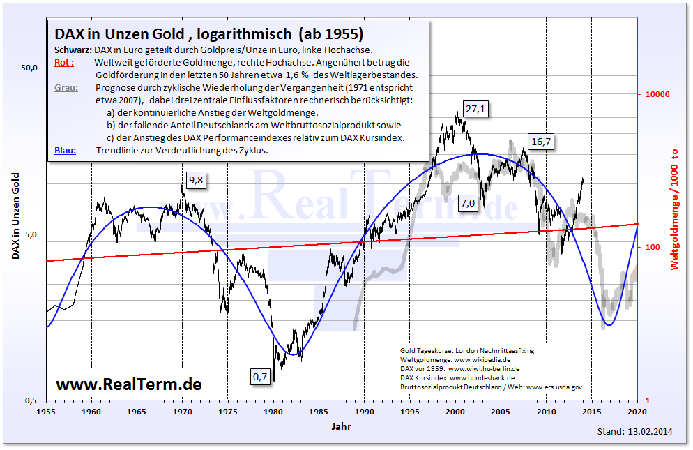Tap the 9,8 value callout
pos(196,180)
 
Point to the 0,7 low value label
pos(259,377)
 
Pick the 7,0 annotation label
pos(467,203)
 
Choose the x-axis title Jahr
pos(342,425)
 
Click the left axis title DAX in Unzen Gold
pos(15,216)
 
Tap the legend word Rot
pos(63,63)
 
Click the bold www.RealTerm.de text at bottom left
pos(128,384)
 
